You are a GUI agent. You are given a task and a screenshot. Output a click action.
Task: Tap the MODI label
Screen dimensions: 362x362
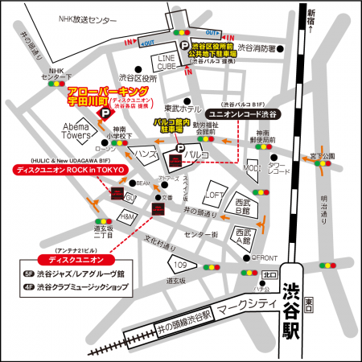click(x=253, y=167)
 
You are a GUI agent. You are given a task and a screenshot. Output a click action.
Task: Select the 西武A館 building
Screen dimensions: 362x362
click(x=244, y=236)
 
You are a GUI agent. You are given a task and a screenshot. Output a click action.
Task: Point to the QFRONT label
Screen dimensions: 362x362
click(x=265, y=258)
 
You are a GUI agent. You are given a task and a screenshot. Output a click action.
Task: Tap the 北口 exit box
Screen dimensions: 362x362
click(x=269, y=274)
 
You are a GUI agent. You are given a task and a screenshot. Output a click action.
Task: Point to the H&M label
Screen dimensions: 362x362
click(x=126, y=216)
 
